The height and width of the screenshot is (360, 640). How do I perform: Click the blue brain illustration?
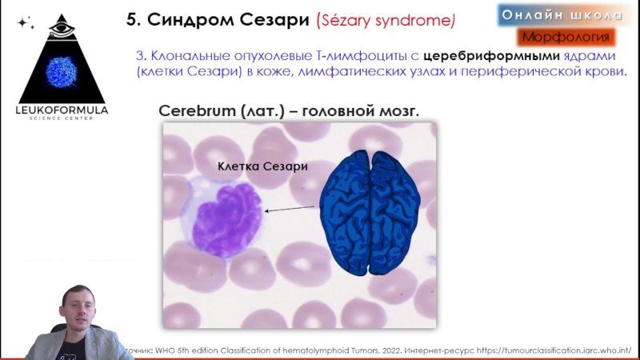pyautogui.click(x=370, y=212)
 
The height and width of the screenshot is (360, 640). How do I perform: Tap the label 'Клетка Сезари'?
pyautogui.click(x=262, y=166)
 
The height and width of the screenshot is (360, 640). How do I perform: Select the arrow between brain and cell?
pyautogui.click(x=290, y=209)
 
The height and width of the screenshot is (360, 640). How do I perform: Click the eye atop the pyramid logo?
pyautogui.click(x=62, y=30)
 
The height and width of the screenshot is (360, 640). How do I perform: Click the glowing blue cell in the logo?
pyautogui.click(x=62, y=72)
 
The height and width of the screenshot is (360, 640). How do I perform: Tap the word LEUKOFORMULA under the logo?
pyautogui.click(x=62, y=110)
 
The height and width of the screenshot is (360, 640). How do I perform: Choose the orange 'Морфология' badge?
pyautogui.click(x=566, y=37)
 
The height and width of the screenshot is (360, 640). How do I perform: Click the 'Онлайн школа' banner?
pyautogui.click(x=562, y=15)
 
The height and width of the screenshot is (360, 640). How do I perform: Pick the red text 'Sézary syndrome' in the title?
pyautogui.click(x=386, y=21)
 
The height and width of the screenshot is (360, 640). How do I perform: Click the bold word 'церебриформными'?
pyautogui.click(x=491, y=55)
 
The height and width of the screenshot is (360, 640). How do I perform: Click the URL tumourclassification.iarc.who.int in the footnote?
pyautogui.click(x=554, y=350)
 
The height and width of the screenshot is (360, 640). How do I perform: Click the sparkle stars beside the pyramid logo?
pyautogui.click(x=26, y=23)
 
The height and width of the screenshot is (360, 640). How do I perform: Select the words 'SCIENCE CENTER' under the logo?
pyautogui.click(x=62, y=118)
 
